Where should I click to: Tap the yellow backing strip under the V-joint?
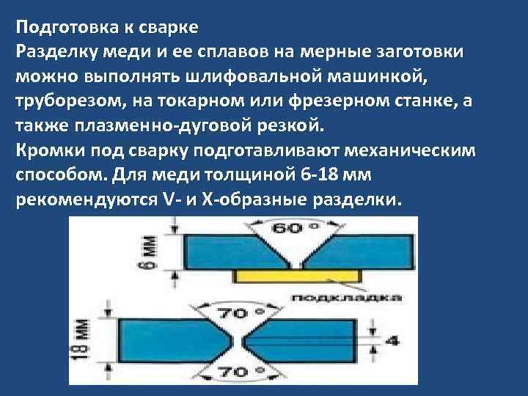point(300,276)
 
